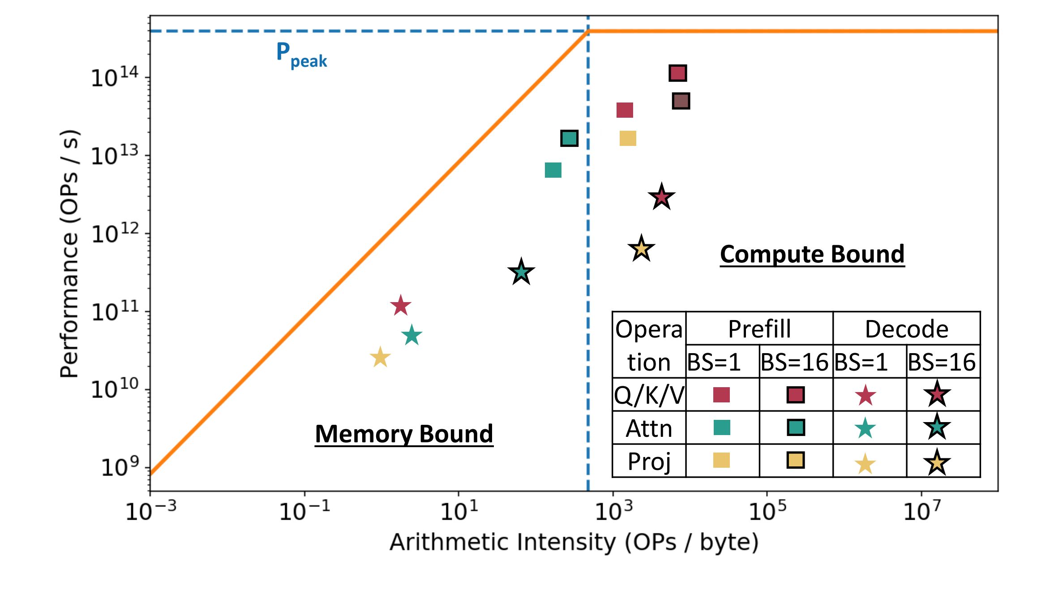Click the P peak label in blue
click(301, 55)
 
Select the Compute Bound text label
click(812, 254)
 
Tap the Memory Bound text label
click(404, 434)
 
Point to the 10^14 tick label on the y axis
click(115, 78)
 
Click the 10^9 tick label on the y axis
click(120, 467)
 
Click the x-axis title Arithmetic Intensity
click(574, 542)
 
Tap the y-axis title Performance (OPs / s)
click(69, 254)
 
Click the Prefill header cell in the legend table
click(759, 329)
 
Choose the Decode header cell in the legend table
click(906, 329)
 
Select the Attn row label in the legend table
click(649, 428)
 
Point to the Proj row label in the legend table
click(649, 461)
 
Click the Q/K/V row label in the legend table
click(649, 395)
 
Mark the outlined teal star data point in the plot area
click(521, 272)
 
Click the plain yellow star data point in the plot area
click(380, 358)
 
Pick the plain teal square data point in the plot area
click(553, 170)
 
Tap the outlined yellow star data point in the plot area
click(641, 248)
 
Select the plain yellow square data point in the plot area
click(628, 138)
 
